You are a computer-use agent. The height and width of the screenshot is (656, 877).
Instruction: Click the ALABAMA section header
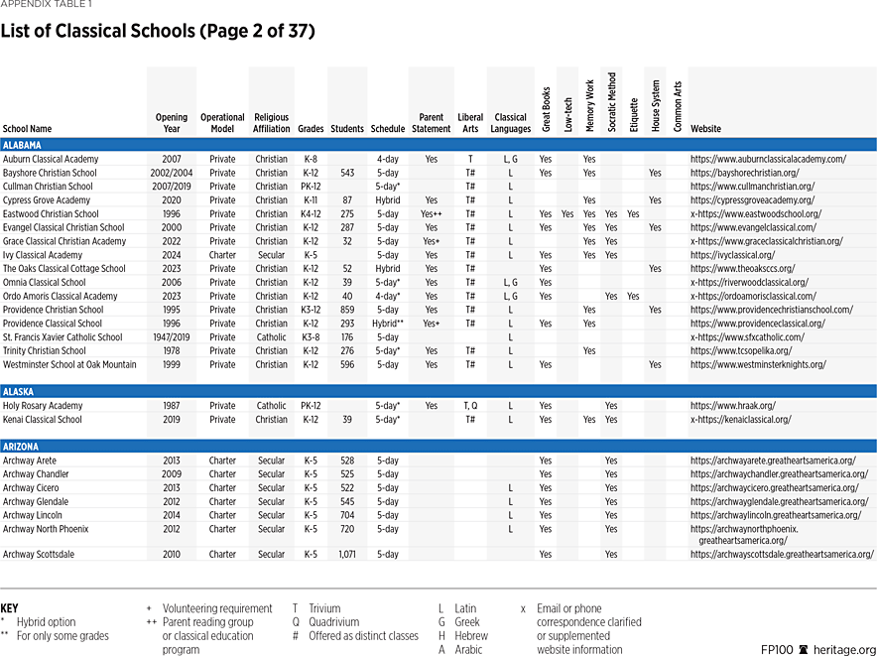click(22, 145)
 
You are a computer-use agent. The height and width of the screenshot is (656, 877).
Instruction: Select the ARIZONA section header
click(21, 446)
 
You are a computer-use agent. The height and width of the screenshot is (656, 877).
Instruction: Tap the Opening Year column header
click(171, 123)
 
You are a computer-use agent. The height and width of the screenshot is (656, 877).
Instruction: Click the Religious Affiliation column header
click(271, 123)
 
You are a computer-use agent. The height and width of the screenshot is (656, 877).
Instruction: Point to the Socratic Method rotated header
click(611, 102)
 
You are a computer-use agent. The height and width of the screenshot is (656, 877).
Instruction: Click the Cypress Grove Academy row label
click(47, 200)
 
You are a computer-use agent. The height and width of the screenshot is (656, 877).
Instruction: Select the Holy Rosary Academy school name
click(43, 406)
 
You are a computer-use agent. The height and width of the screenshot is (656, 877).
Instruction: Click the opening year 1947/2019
click(171, 337)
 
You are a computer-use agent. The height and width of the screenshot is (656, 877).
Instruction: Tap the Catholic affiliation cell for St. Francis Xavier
click(271, 337)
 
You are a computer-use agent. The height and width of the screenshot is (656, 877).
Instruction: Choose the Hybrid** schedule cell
click(387, 324)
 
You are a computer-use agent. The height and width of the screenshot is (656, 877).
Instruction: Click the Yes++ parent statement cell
click(431, 214)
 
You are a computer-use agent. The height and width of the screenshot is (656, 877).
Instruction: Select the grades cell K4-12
click(311, 214)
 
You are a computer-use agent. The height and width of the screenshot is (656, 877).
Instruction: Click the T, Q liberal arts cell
click(469, 406)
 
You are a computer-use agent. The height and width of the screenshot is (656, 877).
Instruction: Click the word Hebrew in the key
click(470, 636)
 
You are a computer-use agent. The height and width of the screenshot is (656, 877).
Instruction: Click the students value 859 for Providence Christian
click(347, 310)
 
